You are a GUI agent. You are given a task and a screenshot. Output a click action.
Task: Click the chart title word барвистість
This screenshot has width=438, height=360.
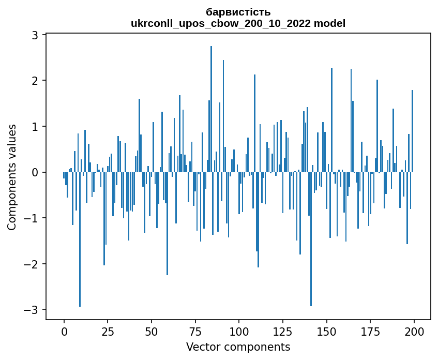pos(238,12)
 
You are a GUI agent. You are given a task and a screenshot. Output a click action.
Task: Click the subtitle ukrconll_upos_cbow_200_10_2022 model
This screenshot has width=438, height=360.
pos(238,23)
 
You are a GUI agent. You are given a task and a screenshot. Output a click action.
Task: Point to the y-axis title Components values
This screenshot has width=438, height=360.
pos(11,177)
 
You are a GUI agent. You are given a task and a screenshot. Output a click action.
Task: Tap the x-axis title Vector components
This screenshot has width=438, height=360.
pos(238,347)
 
